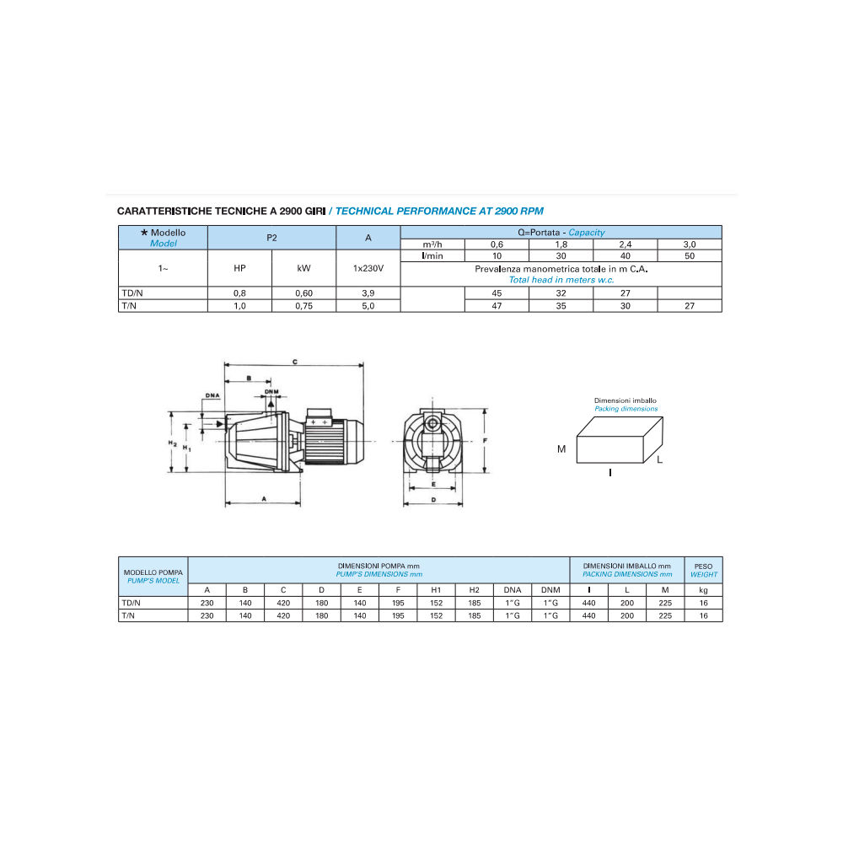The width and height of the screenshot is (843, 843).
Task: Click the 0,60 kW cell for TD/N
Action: pos(303,293)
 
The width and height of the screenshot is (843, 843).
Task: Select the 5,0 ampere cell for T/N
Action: pos(368,306)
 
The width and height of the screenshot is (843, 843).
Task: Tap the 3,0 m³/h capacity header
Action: pos(690,244)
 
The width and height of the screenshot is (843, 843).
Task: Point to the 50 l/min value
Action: pos(690,256)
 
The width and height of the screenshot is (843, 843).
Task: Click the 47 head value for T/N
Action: pos(497,306)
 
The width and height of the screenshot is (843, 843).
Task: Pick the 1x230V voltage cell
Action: pos(368,268)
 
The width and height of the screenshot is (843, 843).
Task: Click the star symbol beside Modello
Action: pos(144,233)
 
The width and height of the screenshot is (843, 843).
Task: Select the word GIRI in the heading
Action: pos(315,212)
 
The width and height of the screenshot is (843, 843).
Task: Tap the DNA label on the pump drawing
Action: pos(212,395)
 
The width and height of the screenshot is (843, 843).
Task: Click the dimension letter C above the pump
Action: pos(294,362)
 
